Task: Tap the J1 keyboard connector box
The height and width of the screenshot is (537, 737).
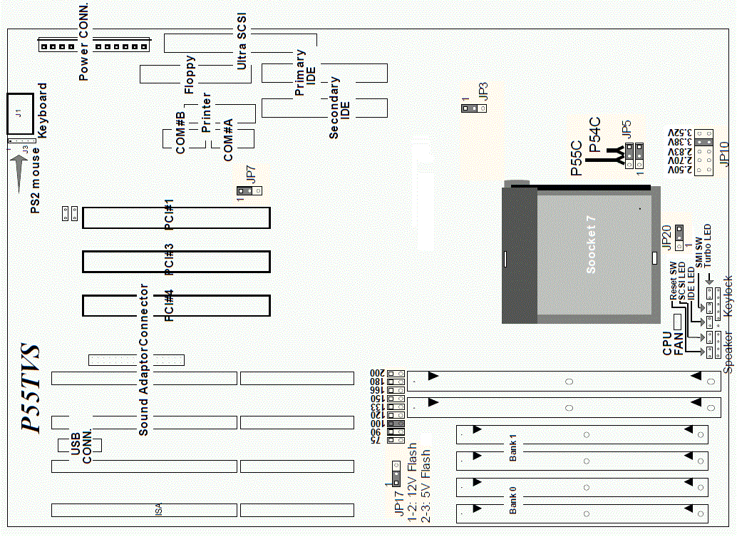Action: click(x=21, y=113)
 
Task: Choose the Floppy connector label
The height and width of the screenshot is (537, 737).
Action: click(x=190, y=75)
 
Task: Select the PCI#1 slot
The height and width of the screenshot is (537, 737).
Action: click(x=176, y=218)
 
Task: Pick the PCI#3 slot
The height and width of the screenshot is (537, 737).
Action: click(x=176, y=262)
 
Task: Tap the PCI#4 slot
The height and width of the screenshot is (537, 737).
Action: click(x=176, y=305)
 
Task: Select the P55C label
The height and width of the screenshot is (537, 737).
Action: click(x=577, y=159)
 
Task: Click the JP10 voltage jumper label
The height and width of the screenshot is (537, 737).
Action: click(x=725, y=153)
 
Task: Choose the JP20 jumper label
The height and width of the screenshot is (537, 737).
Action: click(x=666, y=237)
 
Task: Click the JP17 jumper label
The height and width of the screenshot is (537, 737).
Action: click(x=399, y=503)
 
